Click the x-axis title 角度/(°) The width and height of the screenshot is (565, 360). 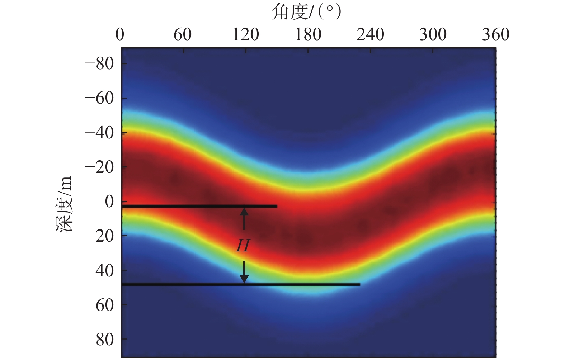pyautogui.click(x=306, y=12)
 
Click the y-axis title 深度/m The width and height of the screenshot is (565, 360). pyautogui.click(x=65, y=204)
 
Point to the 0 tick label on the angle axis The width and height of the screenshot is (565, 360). pyautogui.click(x=120, y=35)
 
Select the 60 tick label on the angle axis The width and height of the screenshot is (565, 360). pyautogui.click(x=183, y=35)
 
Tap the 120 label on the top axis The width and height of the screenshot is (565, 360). pyautogui.click(x=245, y=35)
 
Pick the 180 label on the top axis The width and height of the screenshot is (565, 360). pyautogui.click(x=308, y=35)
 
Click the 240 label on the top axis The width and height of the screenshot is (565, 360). pyautogui.click(x=370, y=35)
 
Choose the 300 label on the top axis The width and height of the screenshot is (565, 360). pyautogui.click(x=433, y=35)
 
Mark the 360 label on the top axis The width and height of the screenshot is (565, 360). pyautogui.click(x=495, y=35)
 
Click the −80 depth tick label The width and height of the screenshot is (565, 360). pyautogui.click(x=99, y=64)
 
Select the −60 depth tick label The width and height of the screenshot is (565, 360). pyautogui.click(x=99, y=98)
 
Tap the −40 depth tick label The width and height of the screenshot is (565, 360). pyautogui.click(x=99, y=133)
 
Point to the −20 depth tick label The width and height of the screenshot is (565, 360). pyautogui.click(x=99, y=167)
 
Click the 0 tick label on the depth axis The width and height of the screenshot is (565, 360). pyautogui.click(x=109, y=202)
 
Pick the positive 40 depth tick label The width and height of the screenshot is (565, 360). pyautogui.click(x=104, y=270)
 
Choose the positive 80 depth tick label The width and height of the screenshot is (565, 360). pyautogui.click(x=104, y=339)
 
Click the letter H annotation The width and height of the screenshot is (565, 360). pyautogui.click(x=243, y=246)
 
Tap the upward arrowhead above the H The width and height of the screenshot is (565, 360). pyautogui.click(x=244, y=212)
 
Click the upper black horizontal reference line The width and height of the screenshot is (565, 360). pyautogui.click(x=199, y=207)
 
